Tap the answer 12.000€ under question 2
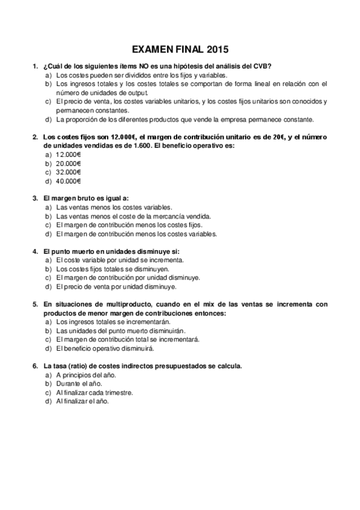coord(69,155)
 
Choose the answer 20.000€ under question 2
coord(69,164)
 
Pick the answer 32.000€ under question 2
coord(69,172)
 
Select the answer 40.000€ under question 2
coord(69,181)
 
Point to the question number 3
coord(34,198)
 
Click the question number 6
coord(34,366)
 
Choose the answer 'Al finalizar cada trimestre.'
coord(94,393)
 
